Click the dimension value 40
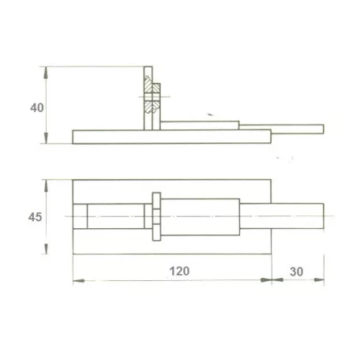point(37,107)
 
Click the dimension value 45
point(35,217)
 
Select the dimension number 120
point(179,271)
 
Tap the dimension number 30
point(297,272)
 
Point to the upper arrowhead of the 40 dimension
point(46,73)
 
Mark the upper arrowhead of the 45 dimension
point(47,186)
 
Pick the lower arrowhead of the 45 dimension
point(47,248)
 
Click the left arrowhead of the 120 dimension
point(79,281)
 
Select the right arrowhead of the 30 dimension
point(319,280)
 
